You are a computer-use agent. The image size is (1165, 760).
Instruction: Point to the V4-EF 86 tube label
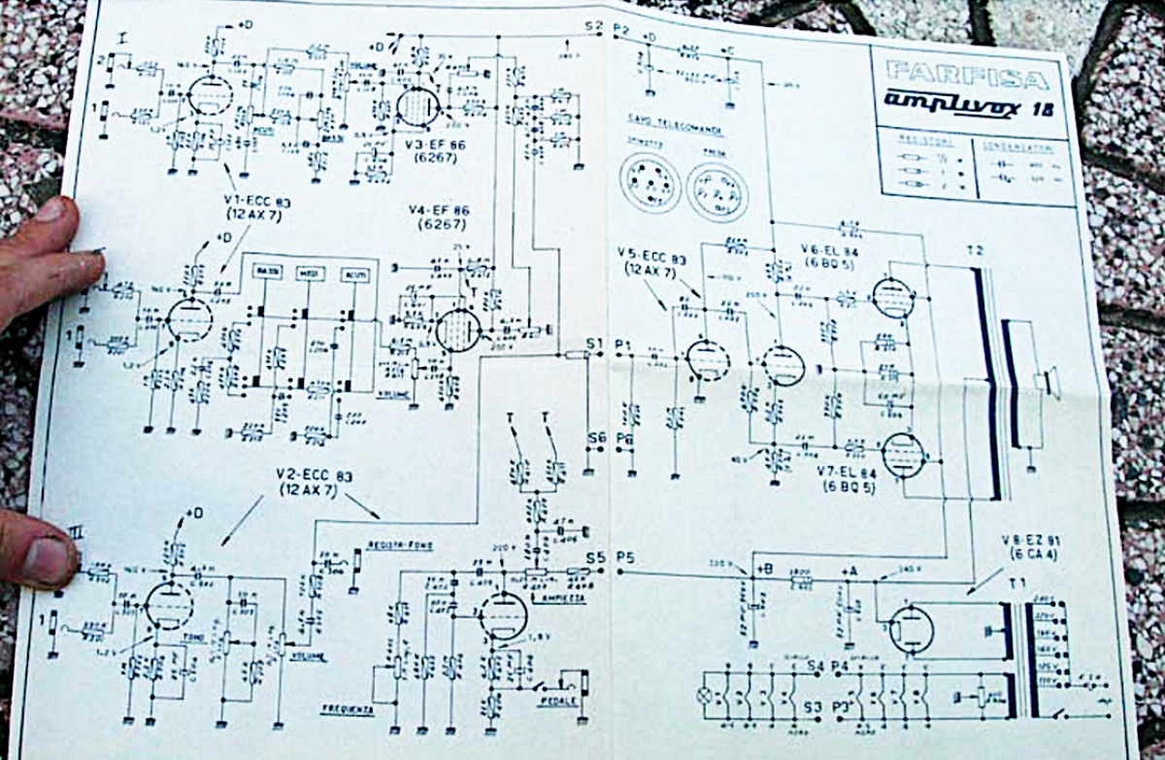pos(429,214)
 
